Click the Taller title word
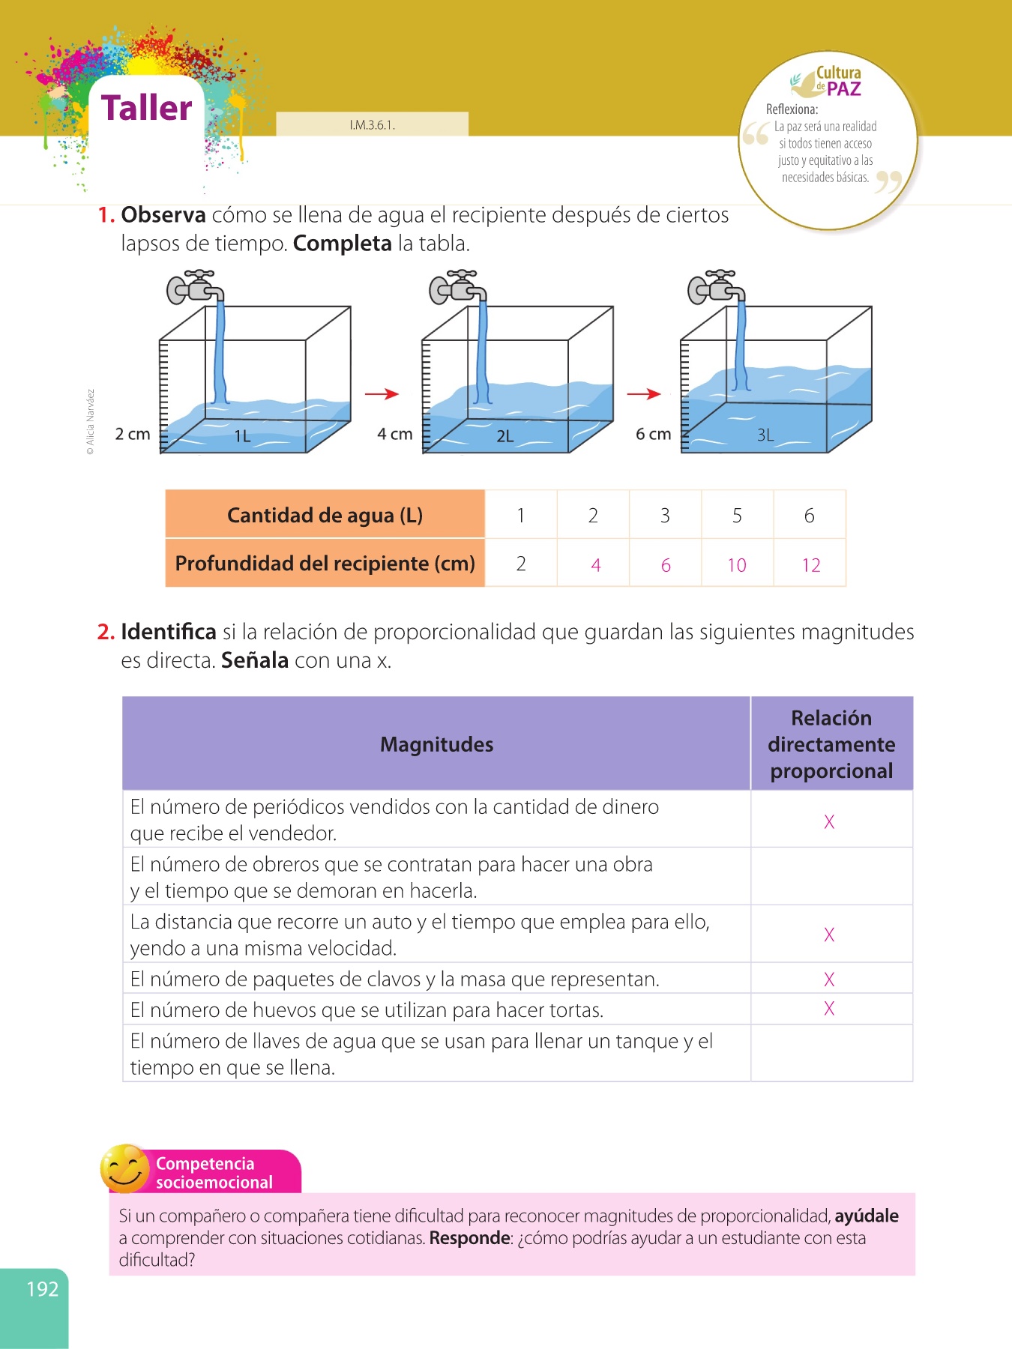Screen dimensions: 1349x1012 [147, 108]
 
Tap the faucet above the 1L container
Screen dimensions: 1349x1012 [193, 287]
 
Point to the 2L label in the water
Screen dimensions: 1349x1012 [505, 436]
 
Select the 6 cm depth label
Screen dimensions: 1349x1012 [653, 434]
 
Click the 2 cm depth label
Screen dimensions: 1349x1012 [133, 434]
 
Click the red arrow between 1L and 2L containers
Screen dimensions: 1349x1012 [382, 393]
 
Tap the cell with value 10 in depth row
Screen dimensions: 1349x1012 [737, 565]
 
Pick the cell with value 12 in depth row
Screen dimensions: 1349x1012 [810, 565]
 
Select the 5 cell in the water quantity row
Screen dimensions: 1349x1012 [737, 516]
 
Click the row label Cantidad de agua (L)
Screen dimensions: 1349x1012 [325, 516]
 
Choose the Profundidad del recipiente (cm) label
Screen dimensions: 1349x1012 [325, 564]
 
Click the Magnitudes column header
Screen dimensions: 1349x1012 [436, 744]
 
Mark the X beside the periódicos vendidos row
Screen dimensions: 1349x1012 [829, 821]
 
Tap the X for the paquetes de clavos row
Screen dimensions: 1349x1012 [829, 979]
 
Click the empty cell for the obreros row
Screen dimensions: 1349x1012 [831, 876]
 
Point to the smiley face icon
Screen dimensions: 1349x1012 [124, 1168]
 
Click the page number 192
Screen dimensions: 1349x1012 [42, 1289]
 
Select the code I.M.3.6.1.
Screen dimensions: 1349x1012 [372, 125]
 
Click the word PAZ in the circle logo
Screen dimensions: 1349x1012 [844, 89]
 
